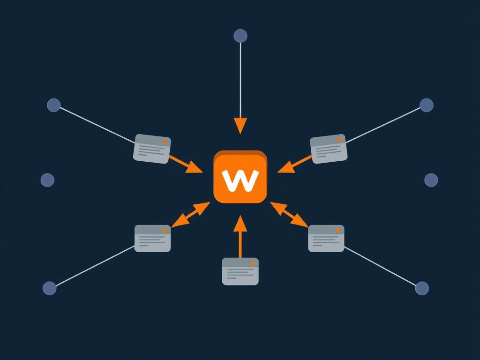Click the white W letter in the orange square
240,180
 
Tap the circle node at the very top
240,36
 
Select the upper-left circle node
54,105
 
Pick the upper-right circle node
426,105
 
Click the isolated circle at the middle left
47,180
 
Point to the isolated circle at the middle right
431,180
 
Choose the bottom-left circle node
49,288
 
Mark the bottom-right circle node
422,288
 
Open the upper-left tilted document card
152,149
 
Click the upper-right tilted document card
329,149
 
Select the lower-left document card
152,238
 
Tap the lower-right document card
326,238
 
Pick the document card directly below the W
240,271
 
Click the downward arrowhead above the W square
240,126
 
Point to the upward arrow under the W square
240,237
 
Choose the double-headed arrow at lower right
289,214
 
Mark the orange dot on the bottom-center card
252,263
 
